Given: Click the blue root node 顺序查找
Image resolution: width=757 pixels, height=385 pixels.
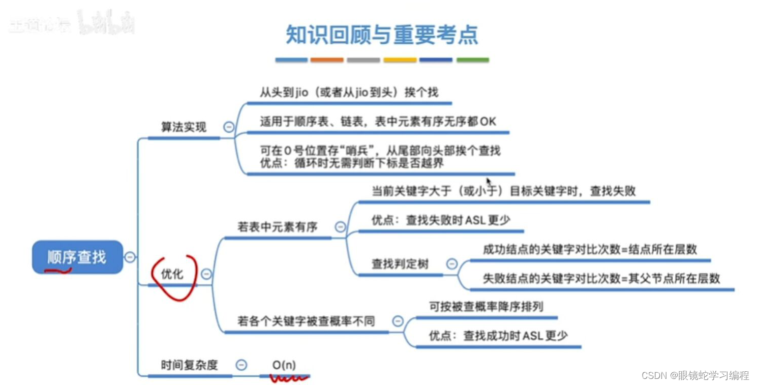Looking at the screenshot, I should (77, 257).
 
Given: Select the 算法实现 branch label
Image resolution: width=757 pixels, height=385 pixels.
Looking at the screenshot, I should (184, 127).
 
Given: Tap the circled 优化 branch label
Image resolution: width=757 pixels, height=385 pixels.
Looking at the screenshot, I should (172, 274).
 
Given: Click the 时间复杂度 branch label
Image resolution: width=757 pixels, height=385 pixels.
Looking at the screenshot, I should (189, 365).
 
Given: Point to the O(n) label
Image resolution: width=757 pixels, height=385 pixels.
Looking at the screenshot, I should (284, 365).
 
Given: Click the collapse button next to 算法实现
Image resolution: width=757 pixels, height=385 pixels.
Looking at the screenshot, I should (229, 127).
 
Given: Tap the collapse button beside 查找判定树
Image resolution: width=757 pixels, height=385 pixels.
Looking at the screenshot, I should (451, 264).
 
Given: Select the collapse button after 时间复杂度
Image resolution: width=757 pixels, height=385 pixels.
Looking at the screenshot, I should (242, 365).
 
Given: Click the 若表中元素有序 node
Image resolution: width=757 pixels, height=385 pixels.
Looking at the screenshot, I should (278, 227).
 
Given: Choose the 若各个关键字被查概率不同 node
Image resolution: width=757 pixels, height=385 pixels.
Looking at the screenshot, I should (306, 321).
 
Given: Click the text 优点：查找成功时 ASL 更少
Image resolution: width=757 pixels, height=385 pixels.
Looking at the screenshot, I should (498, 336).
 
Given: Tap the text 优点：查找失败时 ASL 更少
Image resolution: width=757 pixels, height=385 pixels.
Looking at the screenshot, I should (441, 220).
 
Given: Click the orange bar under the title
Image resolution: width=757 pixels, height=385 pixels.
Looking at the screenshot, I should (327, 60).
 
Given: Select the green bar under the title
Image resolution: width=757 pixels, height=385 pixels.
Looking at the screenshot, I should (472, 60).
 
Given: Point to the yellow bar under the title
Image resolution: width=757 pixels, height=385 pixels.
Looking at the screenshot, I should (400, 60).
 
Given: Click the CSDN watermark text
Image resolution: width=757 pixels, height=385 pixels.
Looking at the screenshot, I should (695, 375).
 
